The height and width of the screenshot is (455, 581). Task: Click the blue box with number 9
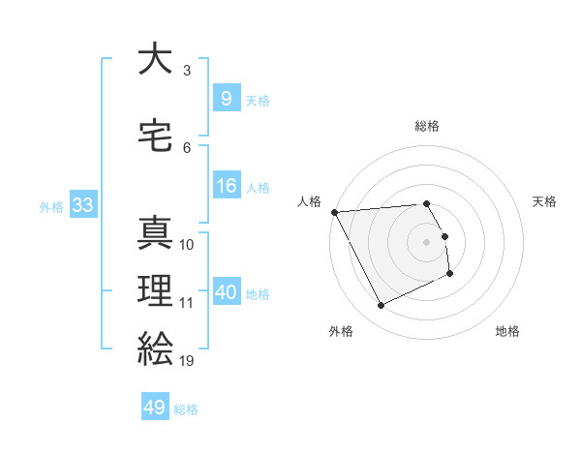226,98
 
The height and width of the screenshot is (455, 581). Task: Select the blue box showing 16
226,185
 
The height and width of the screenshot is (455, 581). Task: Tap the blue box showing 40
227,291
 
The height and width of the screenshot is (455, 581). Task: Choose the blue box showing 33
81,205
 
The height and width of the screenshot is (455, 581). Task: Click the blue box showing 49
155,408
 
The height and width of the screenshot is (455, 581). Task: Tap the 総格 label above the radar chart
427,126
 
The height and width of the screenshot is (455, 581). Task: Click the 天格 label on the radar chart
544,201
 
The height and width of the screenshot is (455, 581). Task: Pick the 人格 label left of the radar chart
310,201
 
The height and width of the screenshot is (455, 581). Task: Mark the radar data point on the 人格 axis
334,212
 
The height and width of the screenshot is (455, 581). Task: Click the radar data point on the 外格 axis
381,306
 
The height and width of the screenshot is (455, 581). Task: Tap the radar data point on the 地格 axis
450,275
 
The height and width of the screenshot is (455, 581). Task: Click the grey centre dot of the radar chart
427,242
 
